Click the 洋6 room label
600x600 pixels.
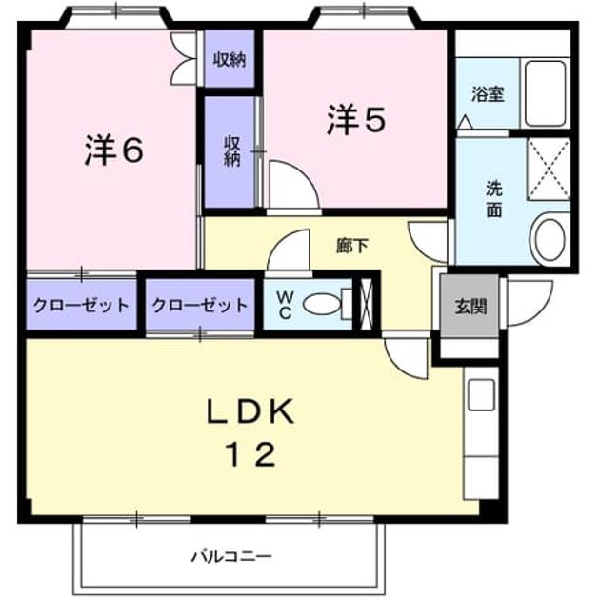[114, 150]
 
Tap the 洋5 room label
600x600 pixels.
[356, 119]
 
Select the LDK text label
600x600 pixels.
[251, 411]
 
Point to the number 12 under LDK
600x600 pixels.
[251, 454]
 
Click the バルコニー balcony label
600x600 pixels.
[231, 556]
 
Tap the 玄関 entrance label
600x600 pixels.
[470, 307]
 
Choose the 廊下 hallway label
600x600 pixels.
[352, 246]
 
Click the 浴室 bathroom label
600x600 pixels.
[488, 94]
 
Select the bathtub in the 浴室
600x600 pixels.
[546, 93]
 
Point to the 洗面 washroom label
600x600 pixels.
[494, 199]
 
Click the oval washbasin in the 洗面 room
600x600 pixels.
[550, 238]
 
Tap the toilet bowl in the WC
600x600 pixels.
[322, 304]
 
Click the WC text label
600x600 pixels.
[285, 305]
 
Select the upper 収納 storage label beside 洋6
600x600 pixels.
[230, 60]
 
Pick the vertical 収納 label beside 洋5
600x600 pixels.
[231, 151]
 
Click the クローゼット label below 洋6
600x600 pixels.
[81, 306]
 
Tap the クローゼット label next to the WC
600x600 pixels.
[200, 306]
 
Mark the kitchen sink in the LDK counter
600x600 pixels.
[481, 395]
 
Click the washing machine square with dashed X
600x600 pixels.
[549, 169]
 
